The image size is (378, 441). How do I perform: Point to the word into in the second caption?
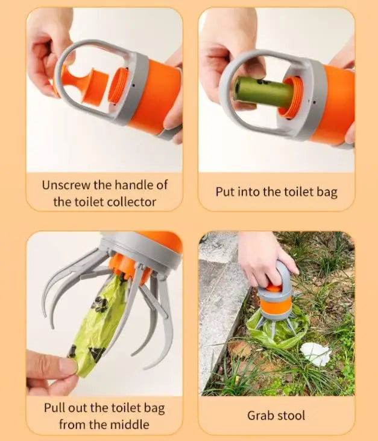coord(246,192)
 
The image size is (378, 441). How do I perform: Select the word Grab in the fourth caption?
coord(259,416)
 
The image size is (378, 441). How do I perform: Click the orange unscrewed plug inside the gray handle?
coord(81,85)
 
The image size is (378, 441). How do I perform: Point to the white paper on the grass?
coord(315,354)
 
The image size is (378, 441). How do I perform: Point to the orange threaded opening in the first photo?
coord(119,85)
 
